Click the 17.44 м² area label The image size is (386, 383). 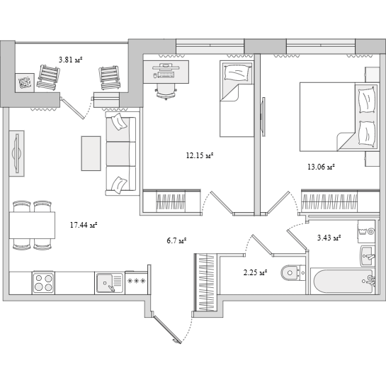pos(84,225)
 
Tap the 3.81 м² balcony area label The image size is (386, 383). pos(70,60)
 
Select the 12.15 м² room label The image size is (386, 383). pos(200,155)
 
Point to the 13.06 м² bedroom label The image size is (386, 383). pos(321,167)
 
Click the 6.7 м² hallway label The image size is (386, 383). pos(176,240)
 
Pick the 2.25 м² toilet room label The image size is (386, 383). pos(256,272)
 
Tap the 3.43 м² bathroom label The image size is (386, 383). pos(329,238)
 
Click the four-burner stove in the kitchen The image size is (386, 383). pos(44,282)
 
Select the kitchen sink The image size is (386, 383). pos(110,283)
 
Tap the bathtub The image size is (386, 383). pos(343,281)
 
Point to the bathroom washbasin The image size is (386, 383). pos(368,256)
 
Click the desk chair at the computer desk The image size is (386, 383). pos(166,91)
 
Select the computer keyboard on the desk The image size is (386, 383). pos(166,74)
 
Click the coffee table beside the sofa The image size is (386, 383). pos(91,153)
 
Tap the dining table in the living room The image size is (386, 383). pos(32,225)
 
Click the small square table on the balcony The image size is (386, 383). pos(25,82)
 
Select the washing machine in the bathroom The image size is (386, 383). pos(366,232)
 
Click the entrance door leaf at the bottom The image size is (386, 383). pos(167,329)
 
